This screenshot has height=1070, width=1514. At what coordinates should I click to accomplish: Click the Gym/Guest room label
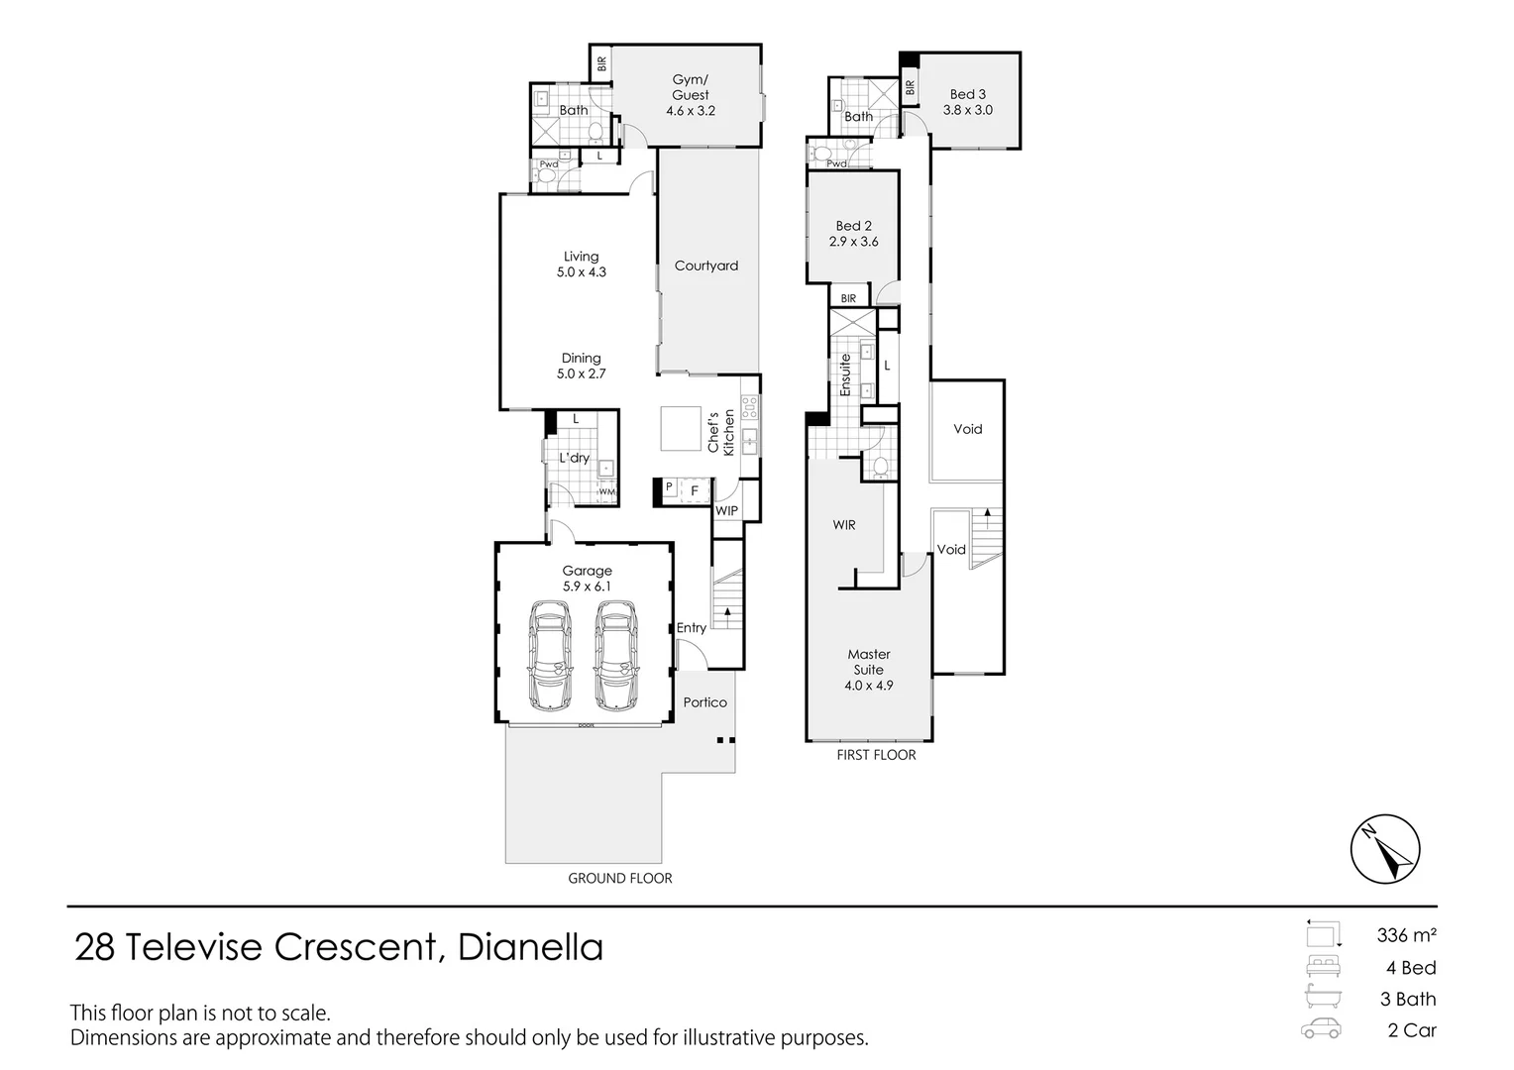pyautogui.click(x=691, y=87)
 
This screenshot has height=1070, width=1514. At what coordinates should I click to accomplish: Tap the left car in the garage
pyautogui.click(x=549, y=655)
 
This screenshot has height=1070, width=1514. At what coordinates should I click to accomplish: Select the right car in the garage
pyautogui.click(x=615, y=655)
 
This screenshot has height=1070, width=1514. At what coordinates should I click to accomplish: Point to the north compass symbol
pyautogui.click(x=1385, y=849)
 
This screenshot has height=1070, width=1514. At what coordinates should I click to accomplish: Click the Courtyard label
pyautogui.click(x=706, y=266)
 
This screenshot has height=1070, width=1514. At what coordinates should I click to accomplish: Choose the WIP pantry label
pyautogui.click(x=726, y=511)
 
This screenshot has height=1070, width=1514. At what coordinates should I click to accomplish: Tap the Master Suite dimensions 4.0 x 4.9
pyautogui.click(x=869, y=686)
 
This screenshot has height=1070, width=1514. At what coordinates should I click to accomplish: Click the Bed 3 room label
pyautogui.click(x=968, y=95)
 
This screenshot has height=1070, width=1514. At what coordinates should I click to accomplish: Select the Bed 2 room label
pyautogui.click(x=854, y=226)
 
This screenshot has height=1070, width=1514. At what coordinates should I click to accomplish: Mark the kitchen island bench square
pyautogui.click(x=682, y=428)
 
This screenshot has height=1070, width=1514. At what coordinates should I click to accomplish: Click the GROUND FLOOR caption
pyautogui.click(x=620, y=878)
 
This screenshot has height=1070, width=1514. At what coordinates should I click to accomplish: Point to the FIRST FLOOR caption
pyautogui.click(x=877, y=755)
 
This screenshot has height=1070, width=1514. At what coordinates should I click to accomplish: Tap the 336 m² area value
pyautogui.click(x=1406, y=934)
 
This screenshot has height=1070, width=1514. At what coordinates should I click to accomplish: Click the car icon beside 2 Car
pyautogui.click(x=1321, y=1029)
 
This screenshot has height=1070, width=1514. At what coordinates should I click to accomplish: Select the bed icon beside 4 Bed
pyautogui.click(x=1321, y=967)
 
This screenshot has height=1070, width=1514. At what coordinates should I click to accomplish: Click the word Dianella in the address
pyautogui.click(x=530, y=947)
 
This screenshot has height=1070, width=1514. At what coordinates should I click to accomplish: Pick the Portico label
pyautogui.click(x=705, y=702)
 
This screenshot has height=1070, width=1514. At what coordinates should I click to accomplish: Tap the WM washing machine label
pyautogui.click(x=606, y=492)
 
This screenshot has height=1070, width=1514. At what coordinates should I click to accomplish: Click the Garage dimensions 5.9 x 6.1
pyautogui.click(x=588, y=587)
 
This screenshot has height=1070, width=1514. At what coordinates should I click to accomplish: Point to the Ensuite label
pyautogui.click(x=845, y=375)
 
